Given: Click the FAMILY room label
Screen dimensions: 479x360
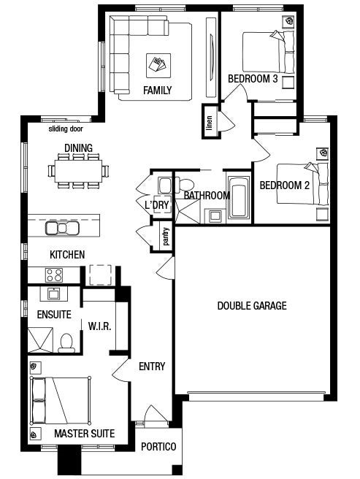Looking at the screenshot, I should point(157,91).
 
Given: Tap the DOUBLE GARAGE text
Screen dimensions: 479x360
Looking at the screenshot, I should point(252,306).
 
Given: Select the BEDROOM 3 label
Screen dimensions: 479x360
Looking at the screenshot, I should point(253,79).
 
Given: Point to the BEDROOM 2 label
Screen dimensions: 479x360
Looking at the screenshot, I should point(285,185).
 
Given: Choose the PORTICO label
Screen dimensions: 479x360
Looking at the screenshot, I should point(158,447).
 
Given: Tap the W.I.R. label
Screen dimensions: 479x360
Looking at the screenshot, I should point(99,326).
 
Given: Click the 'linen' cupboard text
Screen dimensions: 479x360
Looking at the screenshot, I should point(209,122).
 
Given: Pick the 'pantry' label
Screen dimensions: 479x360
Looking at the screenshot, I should point(166,236).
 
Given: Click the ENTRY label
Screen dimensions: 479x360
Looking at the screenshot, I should point(152,367).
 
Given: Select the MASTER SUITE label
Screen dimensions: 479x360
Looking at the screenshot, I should point(85,434).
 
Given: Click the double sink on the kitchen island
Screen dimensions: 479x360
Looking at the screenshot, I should point(62,228).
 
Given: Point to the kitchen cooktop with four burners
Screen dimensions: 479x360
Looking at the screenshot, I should point(54,275).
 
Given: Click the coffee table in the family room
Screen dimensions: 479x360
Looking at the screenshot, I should point(158,64).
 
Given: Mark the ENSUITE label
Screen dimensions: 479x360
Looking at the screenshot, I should point(53,315).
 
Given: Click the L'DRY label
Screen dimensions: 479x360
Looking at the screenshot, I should point(157,205).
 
